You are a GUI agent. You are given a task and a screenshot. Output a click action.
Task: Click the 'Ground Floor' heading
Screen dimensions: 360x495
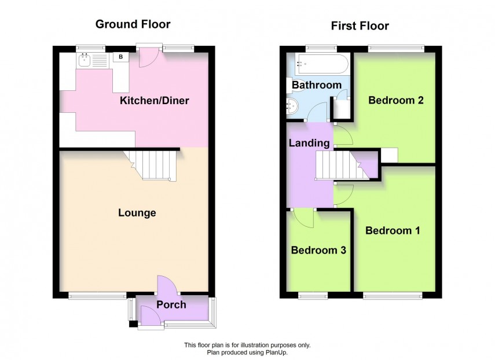tap(133, 24)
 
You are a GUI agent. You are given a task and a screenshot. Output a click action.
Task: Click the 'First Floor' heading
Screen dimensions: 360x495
tap(360, 25)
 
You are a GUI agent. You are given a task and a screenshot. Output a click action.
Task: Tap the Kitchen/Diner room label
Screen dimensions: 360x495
tap(154, 101)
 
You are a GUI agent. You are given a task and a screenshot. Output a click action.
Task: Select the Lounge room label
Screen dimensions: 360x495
tap(137, 213)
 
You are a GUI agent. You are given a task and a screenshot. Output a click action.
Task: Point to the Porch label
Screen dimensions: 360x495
tap(171, 304)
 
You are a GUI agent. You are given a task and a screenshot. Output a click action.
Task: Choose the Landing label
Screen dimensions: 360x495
tap(310, 143)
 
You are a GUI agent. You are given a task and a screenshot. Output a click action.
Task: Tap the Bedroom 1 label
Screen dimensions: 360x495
tap(393, 230)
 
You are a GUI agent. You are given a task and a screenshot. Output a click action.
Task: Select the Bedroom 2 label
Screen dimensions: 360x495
tap(396, 100)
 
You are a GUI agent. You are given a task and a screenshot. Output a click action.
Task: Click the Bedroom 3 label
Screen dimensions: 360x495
tap(318, 251)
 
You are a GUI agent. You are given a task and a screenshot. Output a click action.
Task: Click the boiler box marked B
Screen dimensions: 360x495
tap(121, 57)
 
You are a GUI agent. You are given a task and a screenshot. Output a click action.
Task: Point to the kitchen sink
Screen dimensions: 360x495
tap(85, 58)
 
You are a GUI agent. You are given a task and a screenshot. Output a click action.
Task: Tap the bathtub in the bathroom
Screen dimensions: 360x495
tap(320, 61)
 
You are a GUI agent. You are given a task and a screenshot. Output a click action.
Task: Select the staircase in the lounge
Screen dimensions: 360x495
tap(154, 164)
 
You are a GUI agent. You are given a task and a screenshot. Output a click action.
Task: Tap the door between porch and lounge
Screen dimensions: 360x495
tap(168, 285)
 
